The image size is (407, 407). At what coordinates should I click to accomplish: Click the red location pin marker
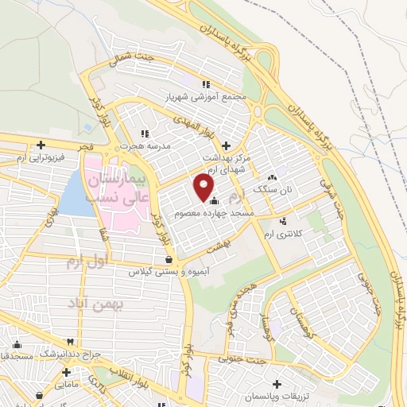tap(204, 188)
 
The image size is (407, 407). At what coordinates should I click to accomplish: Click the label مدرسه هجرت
tap(141, 146)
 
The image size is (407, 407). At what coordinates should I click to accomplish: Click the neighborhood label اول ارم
tap(81, 261)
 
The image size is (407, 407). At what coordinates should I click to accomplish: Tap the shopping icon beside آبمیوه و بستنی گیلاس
tap(169, 259)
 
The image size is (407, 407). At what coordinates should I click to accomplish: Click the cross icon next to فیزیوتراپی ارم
tap(41, 145)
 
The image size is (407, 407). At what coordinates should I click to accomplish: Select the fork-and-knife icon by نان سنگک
tap(273, 178)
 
